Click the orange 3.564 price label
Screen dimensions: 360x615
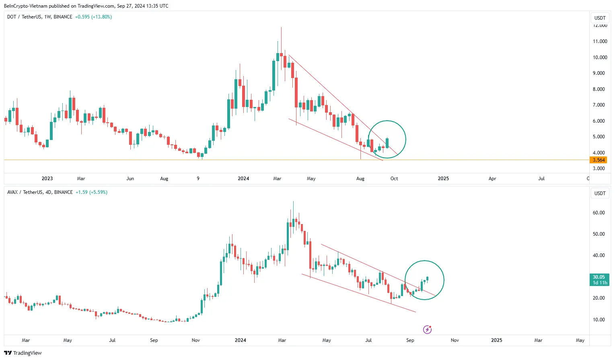tap(599, 160)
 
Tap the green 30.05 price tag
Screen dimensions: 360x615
tap(599, 280)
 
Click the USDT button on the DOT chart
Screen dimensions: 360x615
tap(600, 18)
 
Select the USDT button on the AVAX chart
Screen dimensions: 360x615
tap(600, 193)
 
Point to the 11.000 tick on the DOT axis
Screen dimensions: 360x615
tap(600, 41)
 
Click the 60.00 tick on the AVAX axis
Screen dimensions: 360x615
tap(599, 213)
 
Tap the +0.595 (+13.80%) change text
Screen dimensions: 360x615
tap(93, 17)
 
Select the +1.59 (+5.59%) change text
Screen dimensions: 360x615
tap(91, 192)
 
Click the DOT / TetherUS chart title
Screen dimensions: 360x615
tap(39, 17)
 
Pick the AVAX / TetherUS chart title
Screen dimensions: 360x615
tap(40, 192)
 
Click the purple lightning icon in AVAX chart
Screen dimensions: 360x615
tap(427, 330)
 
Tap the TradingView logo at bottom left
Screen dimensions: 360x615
tap(23, 353)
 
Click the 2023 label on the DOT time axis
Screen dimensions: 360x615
tap(47, 179)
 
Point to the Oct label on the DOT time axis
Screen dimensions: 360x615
tap(394, 179)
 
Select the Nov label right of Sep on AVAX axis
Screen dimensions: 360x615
tap(455, 340)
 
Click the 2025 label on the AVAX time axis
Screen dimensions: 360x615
tap(496, 340)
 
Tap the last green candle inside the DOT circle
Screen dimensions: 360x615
tap(387, 143)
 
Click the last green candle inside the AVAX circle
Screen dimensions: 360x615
tap(427, 278)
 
